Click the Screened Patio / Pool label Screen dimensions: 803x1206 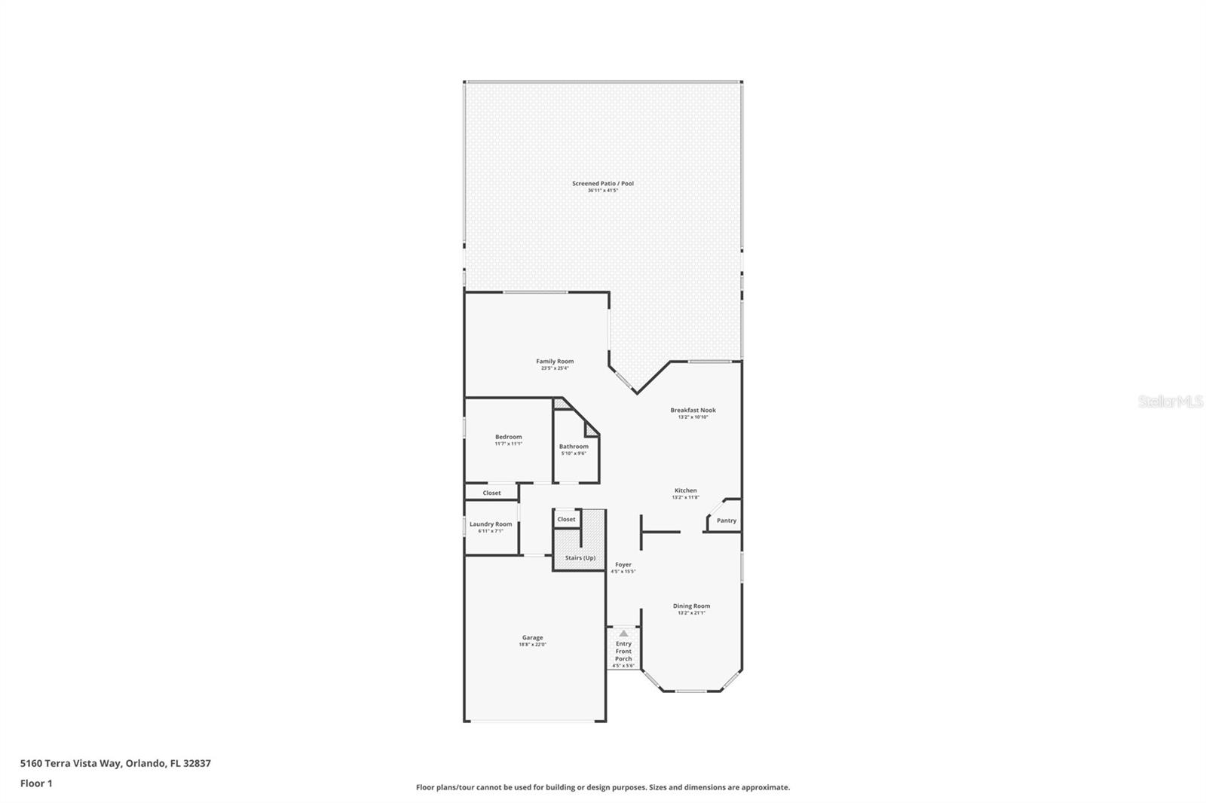(x=602, y=183)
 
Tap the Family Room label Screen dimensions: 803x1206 (x=555, y=362)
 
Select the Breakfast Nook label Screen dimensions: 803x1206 (x=693, y=411)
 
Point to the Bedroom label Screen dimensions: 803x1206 (x=508, y=437)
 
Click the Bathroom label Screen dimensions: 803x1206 (x=574, y=447)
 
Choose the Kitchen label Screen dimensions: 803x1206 (x=685, y=490)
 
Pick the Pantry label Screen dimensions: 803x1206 (x=726, y=521)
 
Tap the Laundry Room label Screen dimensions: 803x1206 (x=491, y=524)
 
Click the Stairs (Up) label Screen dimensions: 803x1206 (x=580, y=558)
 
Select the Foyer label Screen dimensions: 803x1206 (x=623, y=564)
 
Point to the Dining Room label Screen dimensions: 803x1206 (x=691, y=606)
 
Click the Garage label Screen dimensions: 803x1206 (x=532, y=637)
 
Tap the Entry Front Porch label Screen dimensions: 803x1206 (x=623, y=651)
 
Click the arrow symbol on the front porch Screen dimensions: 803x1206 (x=623, y=634)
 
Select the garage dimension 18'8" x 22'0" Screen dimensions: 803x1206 (x=532, y=645)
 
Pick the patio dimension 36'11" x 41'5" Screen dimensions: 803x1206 (x=602, y=191)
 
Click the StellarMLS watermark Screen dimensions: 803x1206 (x=1170, y=402)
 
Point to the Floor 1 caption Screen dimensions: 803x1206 (x=36, y=783)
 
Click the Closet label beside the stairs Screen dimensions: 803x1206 (x=566, y=519)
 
